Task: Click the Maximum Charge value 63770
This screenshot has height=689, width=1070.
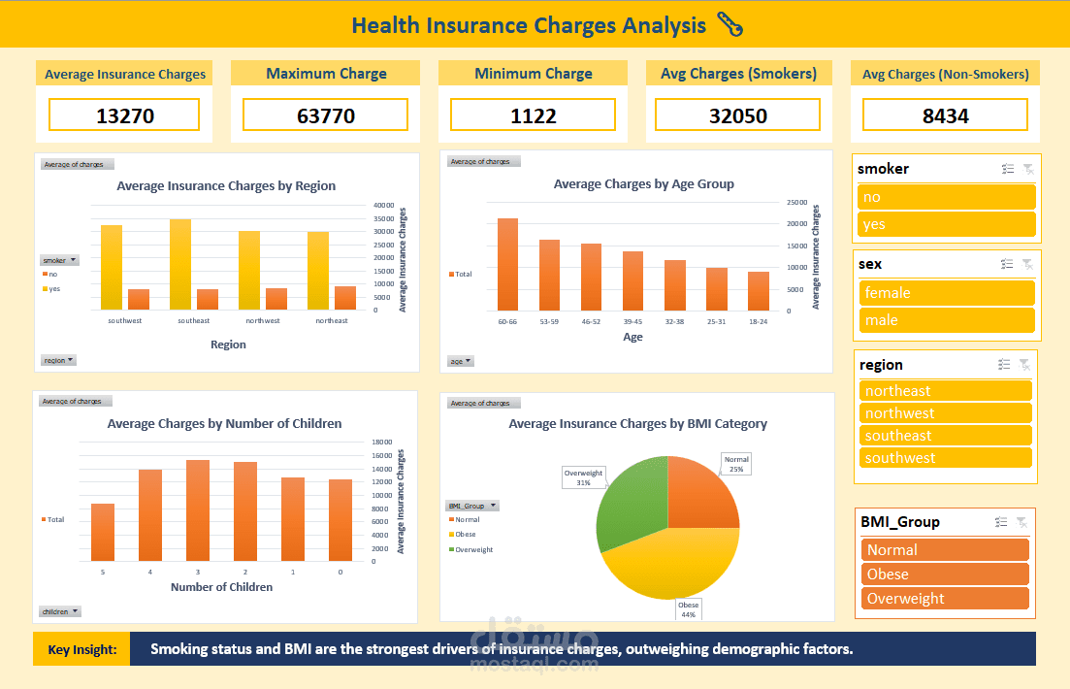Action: coord(325,116)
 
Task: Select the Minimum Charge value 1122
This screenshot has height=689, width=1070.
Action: coord(533,116)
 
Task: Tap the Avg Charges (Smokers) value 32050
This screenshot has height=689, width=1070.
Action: coord(737,116)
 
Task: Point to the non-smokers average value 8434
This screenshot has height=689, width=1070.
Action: coord(944,116)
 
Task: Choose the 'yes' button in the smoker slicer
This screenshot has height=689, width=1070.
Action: coord(947,224)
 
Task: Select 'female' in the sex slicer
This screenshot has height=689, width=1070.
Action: coord(947,293)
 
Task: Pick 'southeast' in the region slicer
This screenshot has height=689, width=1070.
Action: coord(945,436)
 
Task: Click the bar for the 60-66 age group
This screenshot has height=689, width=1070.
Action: coord(507,264)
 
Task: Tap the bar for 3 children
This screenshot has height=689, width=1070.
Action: coord(197,510)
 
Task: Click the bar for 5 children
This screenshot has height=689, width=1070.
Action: coord(103,532)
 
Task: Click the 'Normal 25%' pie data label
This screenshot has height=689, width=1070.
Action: coord(736,464)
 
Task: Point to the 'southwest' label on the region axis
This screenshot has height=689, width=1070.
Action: coord(124,321)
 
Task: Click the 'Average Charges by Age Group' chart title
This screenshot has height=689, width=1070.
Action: coord(643,183)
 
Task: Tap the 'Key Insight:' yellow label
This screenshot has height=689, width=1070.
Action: coord(81,649)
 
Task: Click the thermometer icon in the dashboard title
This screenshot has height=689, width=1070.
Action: coord(729,25)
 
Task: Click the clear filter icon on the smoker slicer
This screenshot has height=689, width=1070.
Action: coord(1028,169)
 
